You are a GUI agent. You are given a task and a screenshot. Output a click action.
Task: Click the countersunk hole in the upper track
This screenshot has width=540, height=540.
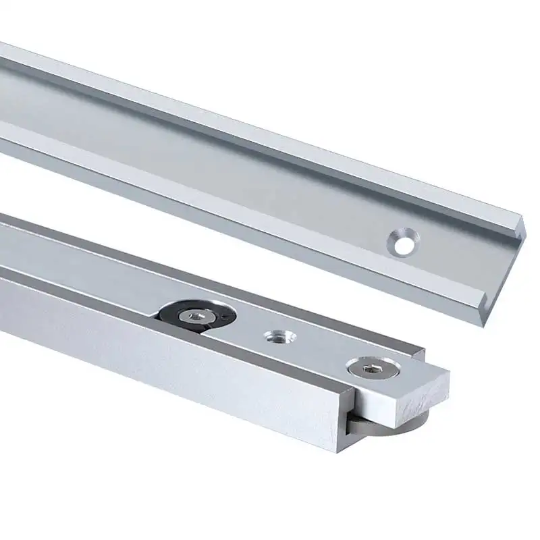point(403,242)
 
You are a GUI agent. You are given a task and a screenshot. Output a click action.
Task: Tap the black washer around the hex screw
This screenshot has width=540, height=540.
point(170,311)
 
